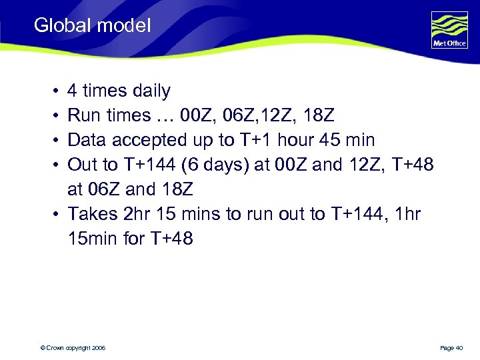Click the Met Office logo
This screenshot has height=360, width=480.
tap(449, 30)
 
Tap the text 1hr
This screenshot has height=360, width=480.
tap(403, 214)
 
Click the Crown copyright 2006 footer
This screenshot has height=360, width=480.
tap(71, 348)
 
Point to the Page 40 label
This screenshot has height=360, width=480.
tap(451, 348)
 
